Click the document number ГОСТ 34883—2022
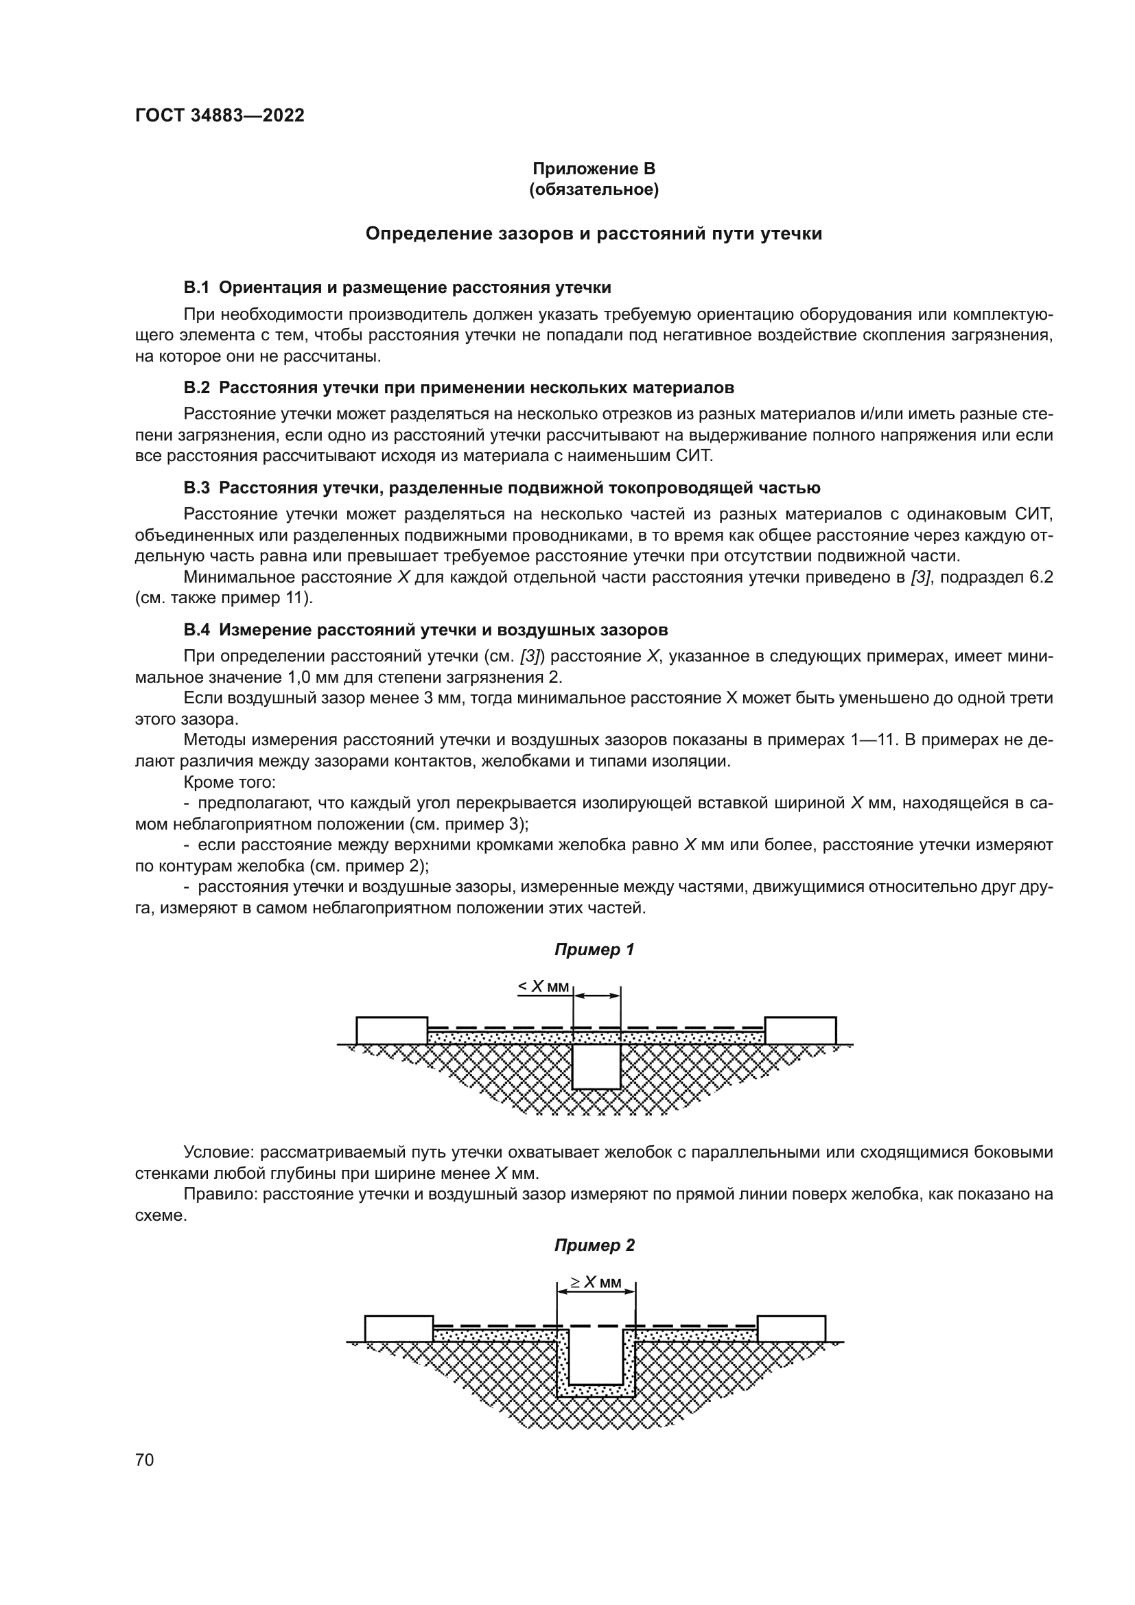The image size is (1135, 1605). click(x=220, y=116)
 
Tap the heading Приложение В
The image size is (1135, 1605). click(x=594, y=169)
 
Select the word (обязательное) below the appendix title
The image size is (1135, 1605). click(x=594, y=189)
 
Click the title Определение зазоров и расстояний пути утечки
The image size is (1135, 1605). click(x=594, y=234)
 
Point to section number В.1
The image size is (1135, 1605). click(x=196, y=288)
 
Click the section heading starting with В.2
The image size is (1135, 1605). click(x=458, y=387)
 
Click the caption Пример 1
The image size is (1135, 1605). click(x=594, y=949)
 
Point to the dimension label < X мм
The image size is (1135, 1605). click(x=543, y=986)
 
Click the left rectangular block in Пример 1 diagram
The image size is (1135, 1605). click(x=392, y=1031)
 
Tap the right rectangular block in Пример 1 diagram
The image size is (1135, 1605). click(x=800, y=1031)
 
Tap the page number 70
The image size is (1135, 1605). click(x=145, y=1460)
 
